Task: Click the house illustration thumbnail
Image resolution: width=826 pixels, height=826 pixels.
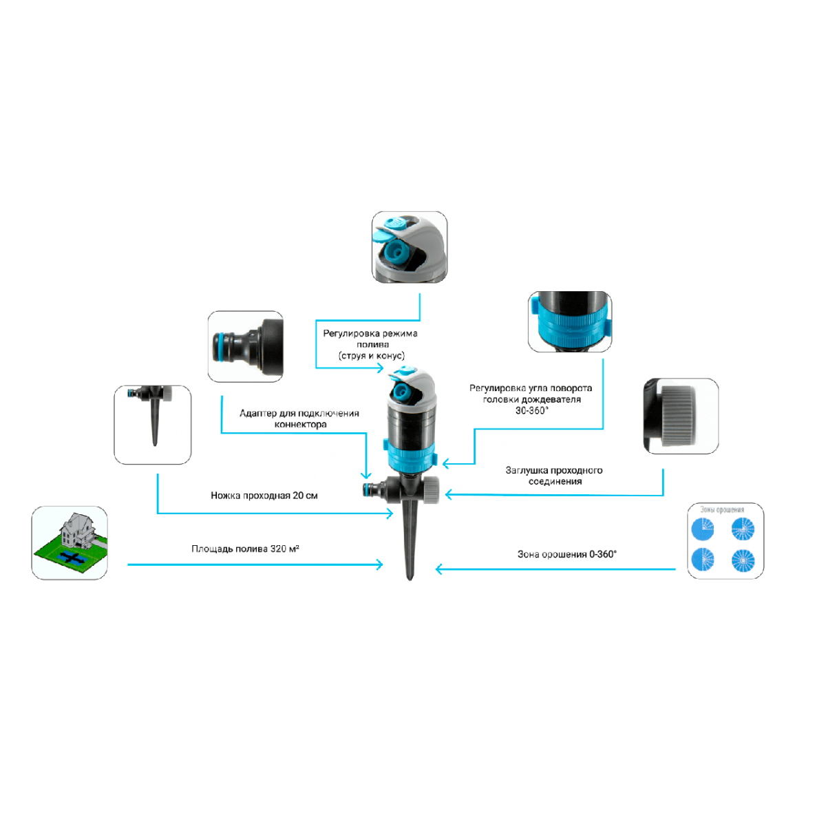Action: point(70,542)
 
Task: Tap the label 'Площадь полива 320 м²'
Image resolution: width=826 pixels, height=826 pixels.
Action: point(245,549)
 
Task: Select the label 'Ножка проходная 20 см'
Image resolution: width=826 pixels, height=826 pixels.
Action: point(264,496)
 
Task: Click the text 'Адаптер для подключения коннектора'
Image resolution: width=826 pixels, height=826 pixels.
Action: point(299,419)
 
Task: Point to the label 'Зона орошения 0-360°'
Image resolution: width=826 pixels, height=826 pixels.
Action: point(566,554)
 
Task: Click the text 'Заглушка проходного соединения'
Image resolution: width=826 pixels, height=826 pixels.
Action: point(554,476)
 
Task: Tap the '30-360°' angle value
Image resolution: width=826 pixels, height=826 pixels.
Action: point(531,411)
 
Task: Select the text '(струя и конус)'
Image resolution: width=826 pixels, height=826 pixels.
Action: point(372,356)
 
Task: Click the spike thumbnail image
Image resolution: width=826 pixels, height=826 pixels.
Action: point(152,424)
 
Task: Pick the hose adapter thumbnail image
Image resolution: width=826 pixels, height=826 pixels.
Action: point(246,346)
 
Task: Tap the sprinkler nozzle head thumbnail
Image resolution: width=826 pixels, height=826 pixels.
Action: point(410,247)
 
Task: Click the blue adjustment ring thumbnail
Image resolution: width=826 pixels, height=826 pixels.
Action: point(570,321)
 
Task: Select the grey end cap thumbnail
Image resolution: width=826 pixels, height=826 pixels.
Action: point(681,416)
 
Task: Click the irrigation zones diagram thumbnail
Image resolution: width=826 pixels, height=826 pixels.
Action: point(726,540)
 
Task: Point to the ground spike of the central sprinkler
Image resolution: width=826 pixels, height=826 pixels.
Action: point(410,544)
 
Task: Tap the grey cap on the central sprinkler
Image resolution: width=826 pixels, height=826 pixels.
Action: point(432,489)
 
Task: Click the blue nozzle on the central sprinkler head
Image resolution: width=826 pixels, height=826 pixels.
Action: point(400,393)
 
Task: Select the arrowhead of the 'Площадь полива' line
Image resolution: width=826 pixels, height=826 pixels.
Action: point(380,565)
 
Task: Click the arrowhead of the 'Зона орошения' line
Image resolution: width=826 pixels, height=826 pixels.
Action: point(439,569)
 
